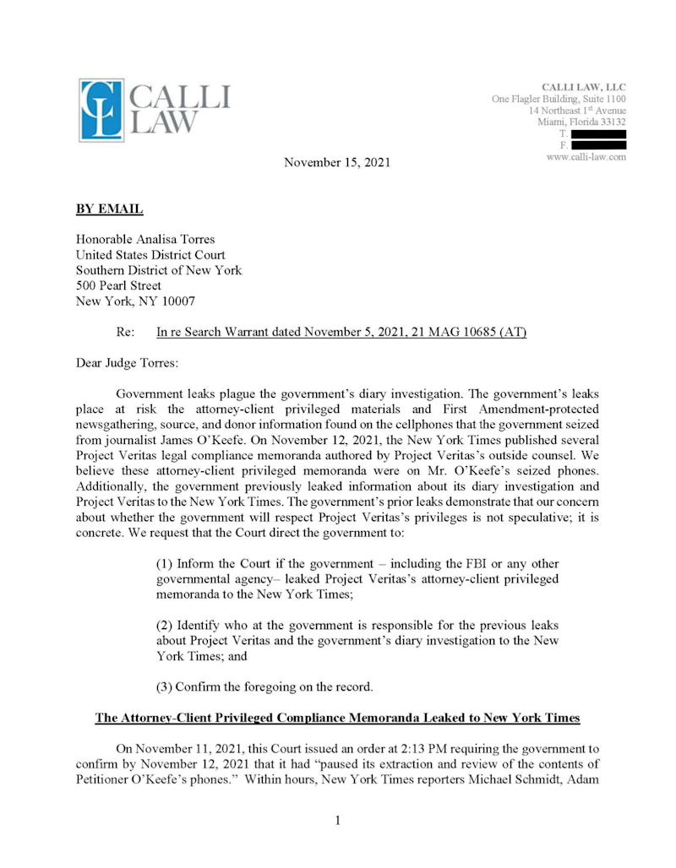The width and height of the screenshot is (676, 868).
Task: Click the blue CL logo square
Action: coord(102,110)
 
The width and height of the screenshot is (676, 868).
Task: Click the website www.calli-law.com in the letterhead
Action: coord(586,157)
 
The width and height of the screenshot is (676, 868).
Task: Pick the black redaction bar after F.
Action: coord(598,146)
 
